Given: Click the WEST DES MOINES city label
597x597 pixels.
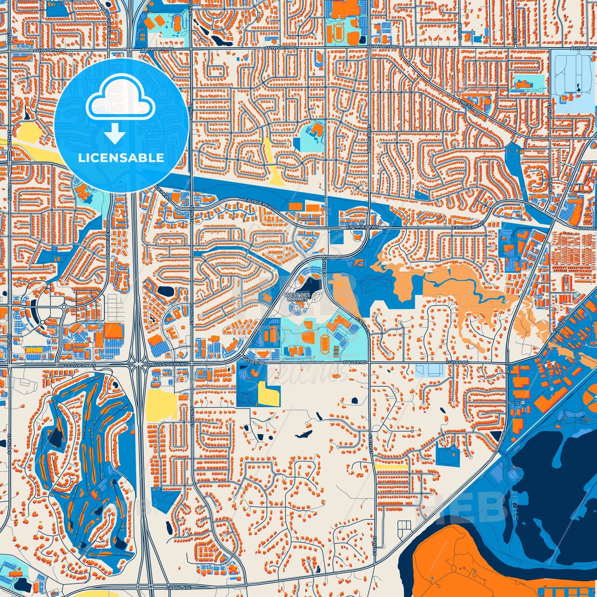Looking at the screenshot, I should pyautogui.click(x=296, y=297).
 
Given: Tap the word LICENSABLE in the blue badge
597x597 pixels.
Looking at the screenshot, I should pyautogui.click(x=121, y=157).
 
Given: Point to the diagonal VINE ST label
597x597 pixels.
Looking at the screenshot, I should pyautogui.click(x=465, y=102).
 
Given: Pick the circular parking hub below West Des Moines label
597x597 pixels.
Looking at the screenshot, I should pyautogui.click(x=296, y=309).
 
